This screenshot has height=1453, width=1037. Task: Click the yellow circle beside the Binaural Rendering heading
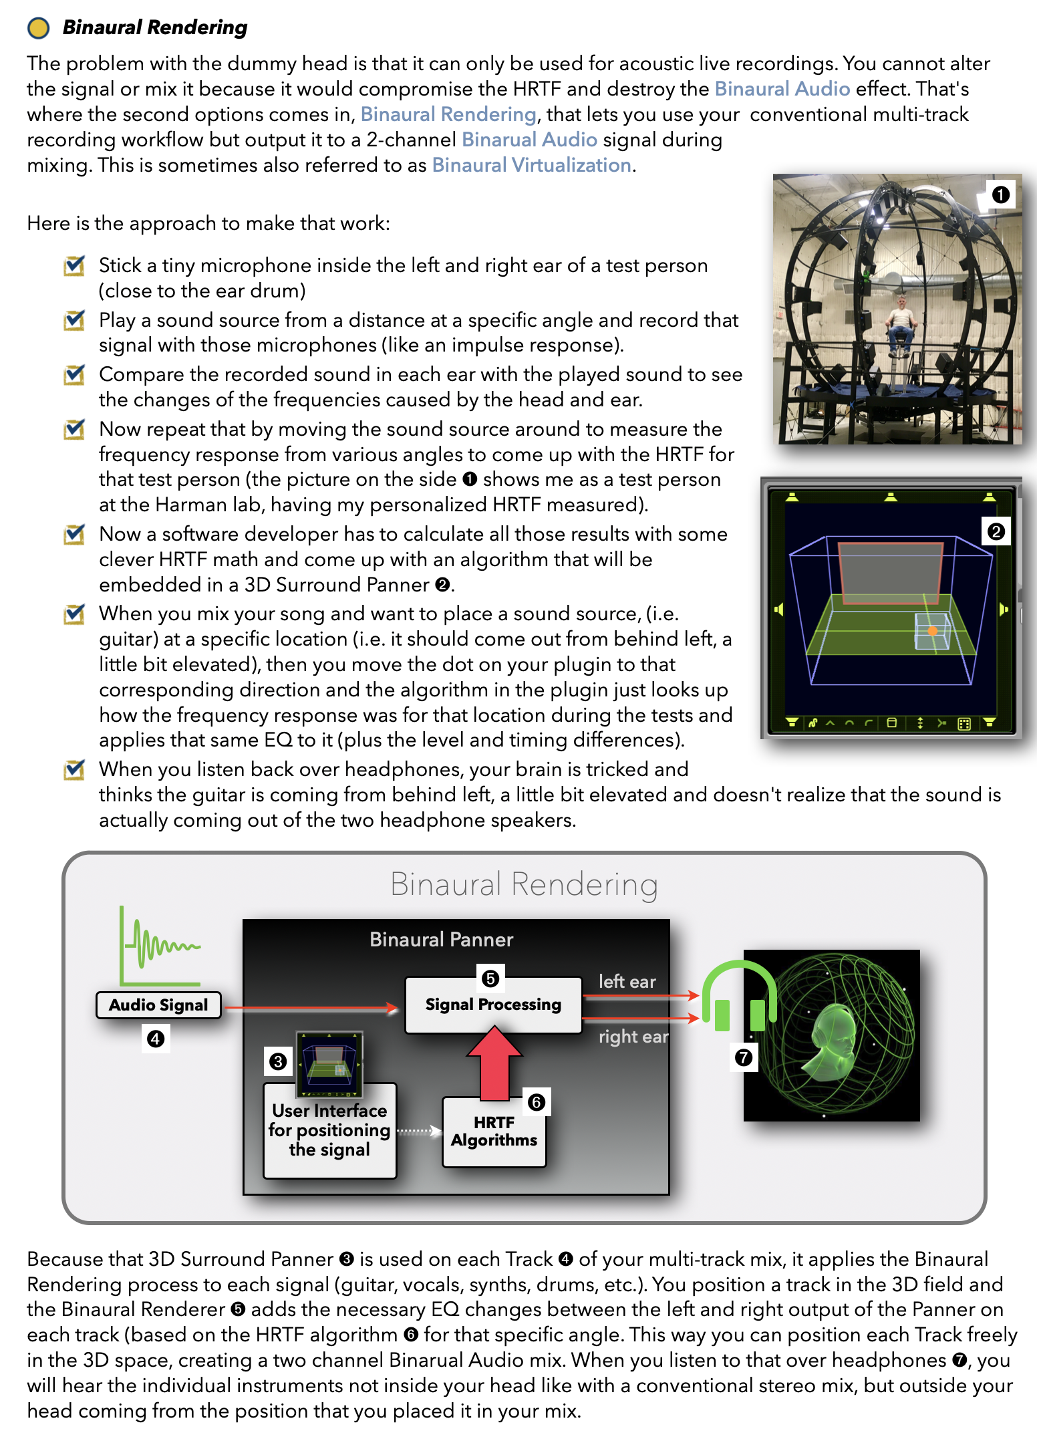[38, 27]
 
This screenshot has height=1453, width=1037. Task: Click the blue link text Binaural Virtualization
[531, 165]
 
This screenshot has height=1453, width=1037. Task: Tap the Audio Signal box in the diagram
[158, 1005]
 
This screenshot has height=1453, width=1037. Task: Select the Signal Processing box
[493, 1005]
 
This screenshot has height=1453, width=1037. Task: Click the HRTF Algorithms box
[494, 1132]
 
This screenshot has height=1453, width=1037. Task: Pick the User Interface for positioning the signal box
[329, 1130]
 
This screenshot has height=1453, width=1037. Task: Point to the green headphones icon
[738, 996]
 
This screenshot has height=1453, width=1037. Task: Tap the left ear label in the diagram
[627, 981]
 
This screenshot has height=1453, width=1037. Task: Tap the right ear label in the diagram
[633, 1037]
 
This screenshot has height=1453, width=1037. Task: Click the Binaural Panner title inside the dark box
[441, 940]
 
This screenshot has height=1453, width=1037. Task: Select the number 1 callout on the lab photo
[1000, 194]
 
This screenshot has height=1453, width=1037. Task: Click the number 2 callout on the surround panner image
[996, 532]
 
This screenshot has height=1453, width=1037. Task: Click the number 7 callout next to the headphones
[743, 1058]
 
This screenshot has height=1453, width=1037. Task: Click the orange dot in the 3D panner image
[932, 631]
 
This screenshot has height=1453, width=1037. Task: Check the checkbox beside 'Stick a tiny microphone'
[73, 266]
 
